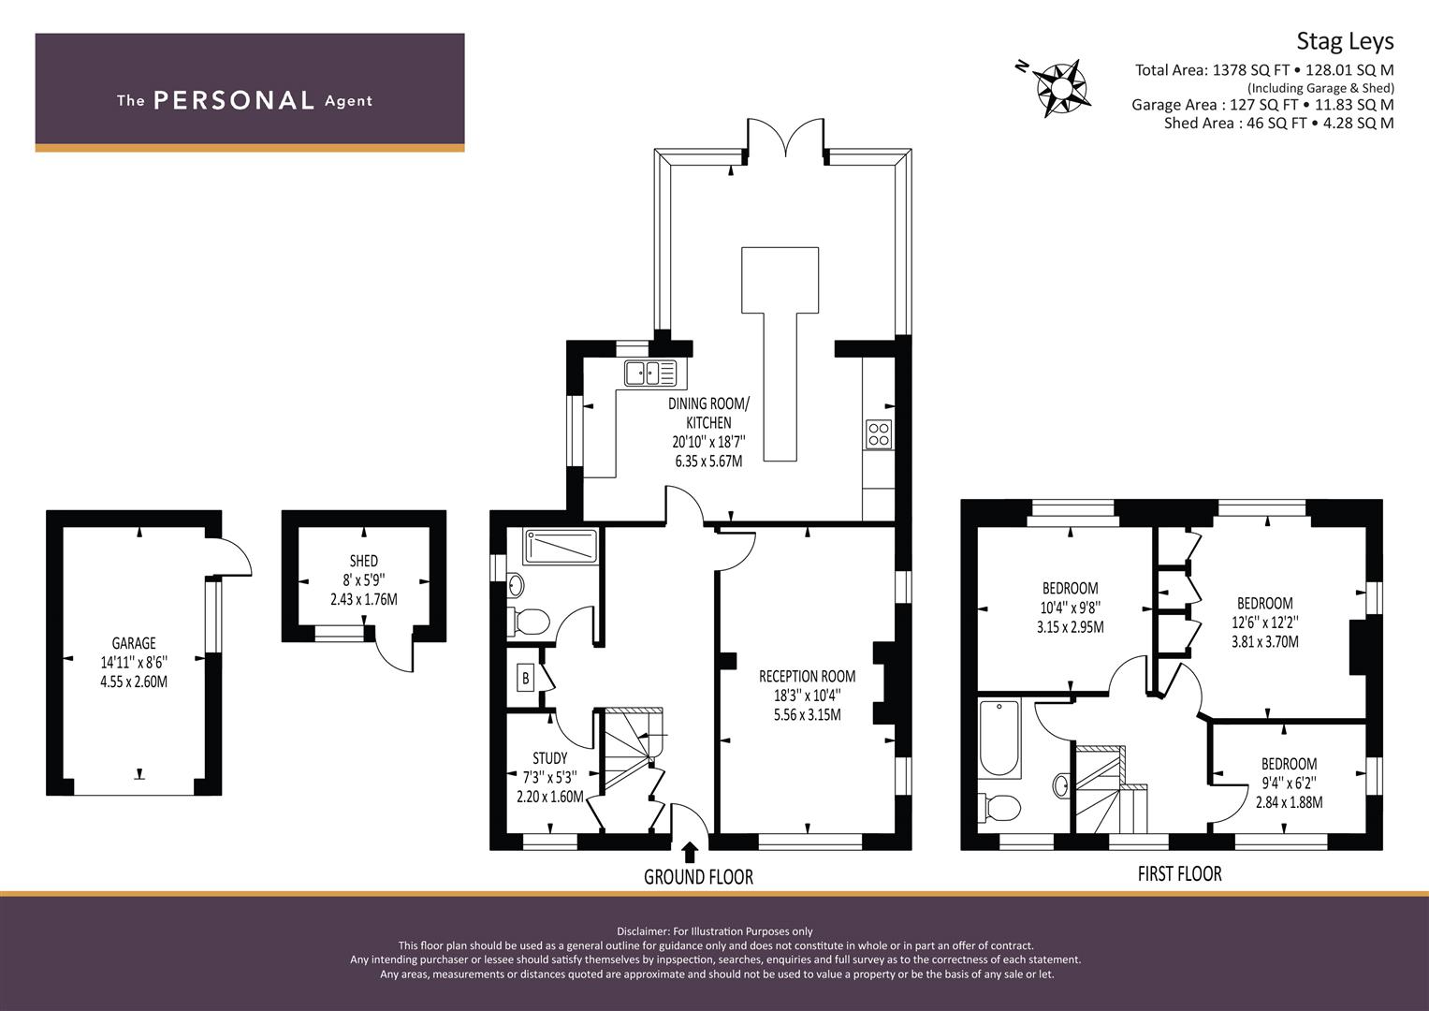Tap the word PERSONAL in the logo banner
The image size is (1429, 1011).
[234, 100]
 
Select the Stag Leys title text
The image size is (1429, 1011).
[1345, 41]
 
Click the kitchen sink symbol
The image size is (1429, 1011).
[650, 373]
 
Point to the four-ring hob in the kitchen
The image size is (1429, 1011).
[879, 434]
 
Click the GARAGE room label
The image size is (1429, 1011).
[134, 643]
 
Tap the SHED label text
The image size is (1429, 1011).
[364, 561]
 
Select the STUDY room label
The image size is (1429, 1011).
[550, 757]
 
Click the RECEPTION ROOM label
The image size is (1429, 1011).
[807, 676]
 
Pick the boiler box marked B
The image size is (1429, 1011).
[526, 678]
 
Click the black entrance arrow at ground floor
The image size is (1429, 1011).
[691, 852]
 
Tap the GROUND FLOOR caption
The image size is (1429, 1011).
[698, 877]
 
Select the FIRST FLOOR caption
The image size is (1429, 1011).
[1179, 873]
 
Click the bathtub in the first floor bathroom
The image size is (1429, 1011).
[999, 738]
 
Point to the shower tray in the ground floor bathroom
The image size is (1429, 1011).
[561, 547]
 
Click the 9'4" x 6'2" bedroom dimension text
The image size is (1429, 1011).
[1289, 783]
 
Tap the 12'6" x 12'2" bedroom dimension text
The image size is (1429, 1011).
[1265, 622]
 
